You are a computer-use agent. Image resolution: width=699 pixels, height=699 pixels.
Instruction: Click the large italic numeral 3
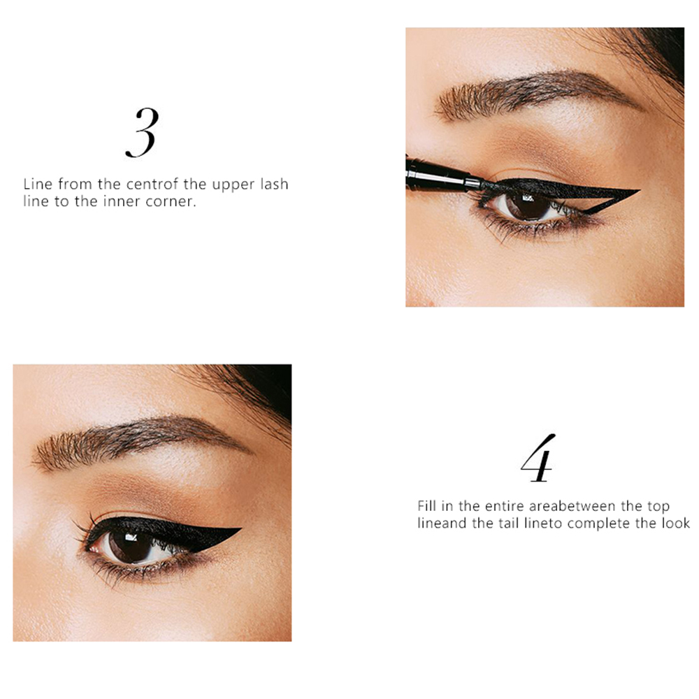[x=142, y=132]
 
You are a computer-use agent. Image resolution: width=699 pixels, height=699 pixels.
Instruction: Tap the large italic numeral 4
[x=538, y=458]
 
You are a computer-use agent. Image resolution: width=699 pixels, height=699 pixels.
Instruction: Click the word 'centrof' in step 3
[x=152, y=184]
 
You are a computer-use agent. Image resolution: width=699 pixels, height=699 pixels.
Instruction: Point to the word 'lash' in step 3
[x=274, y=184]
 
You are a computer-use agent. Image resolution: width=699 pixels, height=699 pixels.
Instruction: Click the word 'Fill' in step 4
[x=426, y=506]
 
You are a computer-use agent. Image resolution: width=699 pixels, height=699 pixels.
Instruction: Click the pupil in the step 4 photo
[x=130, y=545]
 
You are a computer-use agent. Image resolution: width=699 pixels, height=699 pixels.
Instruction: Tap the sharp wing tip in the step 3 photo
[x=640, y=190]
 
